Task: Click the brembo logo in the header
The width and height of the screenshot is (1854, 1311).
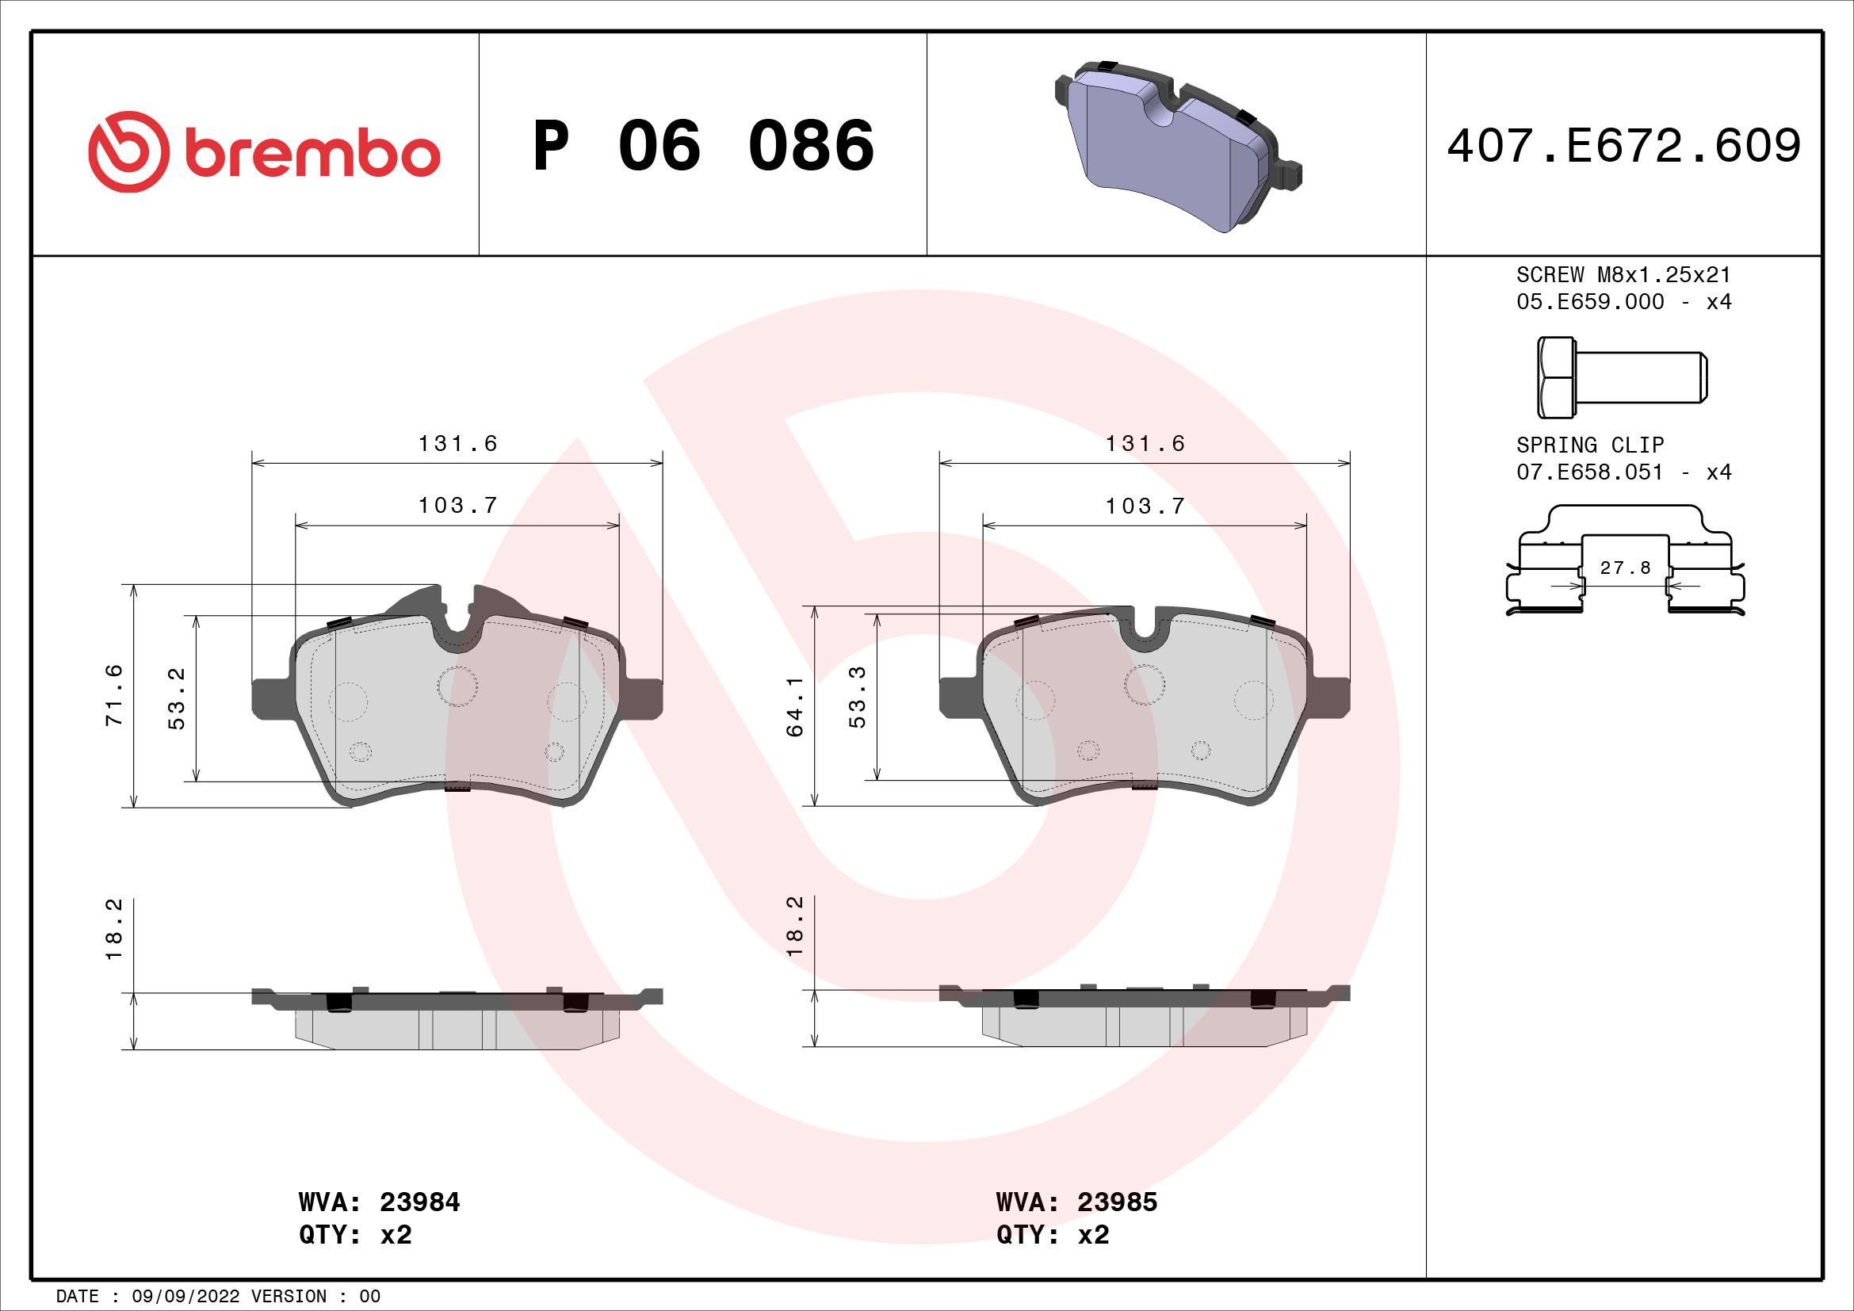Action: [264, 151]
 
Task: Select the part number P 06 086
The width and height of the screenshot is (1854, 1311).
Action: [702, 146]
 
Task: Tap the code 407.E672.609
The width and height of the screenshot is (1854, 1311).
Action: [1623, 146]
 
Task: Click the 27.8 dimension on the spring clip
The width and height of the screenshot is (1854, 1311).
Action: [1625, 568]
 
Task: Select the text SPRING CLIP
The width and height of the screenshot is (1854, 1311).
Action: [1590, 445]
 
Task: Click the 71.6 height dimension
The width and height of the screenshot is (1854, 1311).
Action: [115, 695]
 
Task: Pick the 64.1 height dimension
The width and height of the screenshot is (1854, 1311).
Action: [794, 706]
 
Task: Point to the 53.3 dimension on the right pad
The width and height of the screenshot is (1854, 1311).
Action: [858, 697]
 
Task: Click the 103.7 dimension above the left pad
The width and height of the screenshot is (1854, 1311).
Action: [457, 506]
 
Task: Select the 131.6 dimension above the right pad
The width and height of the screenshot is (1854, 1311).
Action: [1145, 443]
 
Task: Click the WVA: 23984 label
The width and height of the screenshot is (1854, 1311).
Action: [379, 1202]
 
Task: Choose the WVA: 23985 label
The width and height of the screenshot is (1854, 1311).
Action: [1076, 1202]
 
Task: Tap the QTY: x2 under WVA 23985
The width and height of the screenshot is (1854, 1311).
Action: [1052, 1235]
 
